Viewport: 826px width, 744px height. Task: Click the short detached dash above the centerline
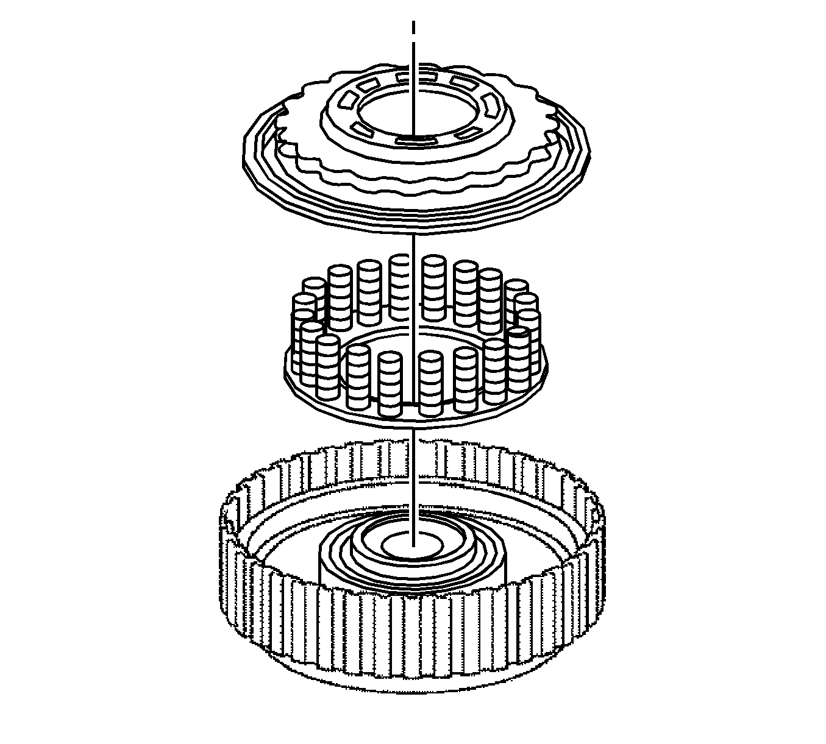pyautogui.click(x=413, y=28)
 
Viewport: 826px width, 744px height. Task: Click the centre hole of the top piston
pyautogui.click(x=396, y=113)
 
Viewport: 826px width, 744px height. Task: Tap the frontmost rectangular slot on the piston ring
pyautogui.click(x=414, y=140)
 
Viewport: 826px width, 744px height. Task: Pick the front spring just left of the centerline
pyautogui.click(x=390, y=384)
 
